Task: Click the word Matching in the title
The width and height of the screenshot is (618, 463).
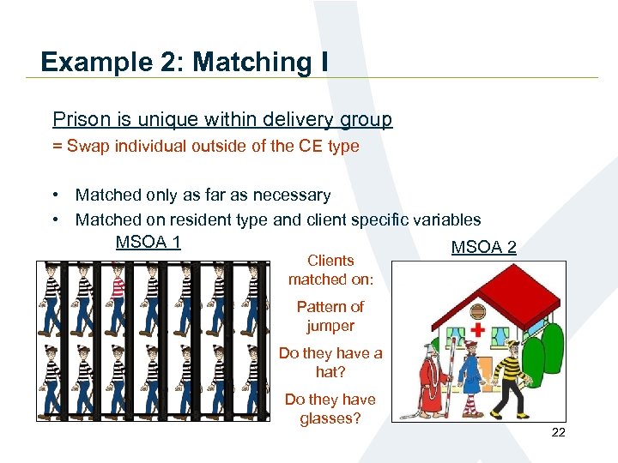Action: tap(255, 62)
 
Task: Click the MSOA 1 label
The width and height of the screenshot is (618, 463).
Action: tap(148, 242)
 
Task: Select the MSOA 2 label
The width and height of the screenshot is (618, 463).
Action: tap(483, 248)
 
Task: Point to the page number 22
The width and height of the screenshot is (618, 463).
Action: tap(558, 433)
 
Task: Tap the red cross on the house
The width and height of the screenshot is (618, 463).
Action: tap(477, 329)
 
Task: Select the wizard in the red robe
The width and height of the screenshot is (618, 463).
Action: tap(430, 377)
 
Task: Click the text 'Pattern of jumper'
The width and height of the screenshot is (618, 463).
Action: tap(330, 316)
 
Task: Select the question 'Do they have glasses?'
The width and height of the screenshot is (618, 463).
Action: tap(330, 409)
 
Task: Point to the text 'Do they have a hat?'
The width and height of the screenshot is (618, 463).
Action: tap(330, 362)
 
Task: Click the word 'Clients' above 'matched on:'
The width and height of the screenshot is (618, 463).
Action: tap(330, 261)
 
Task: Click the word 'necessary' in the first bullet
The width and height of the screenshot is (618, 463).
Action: tap(289, 195)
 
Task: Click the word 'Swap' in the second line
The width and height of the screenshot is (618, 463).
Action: tap(83, 146)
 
